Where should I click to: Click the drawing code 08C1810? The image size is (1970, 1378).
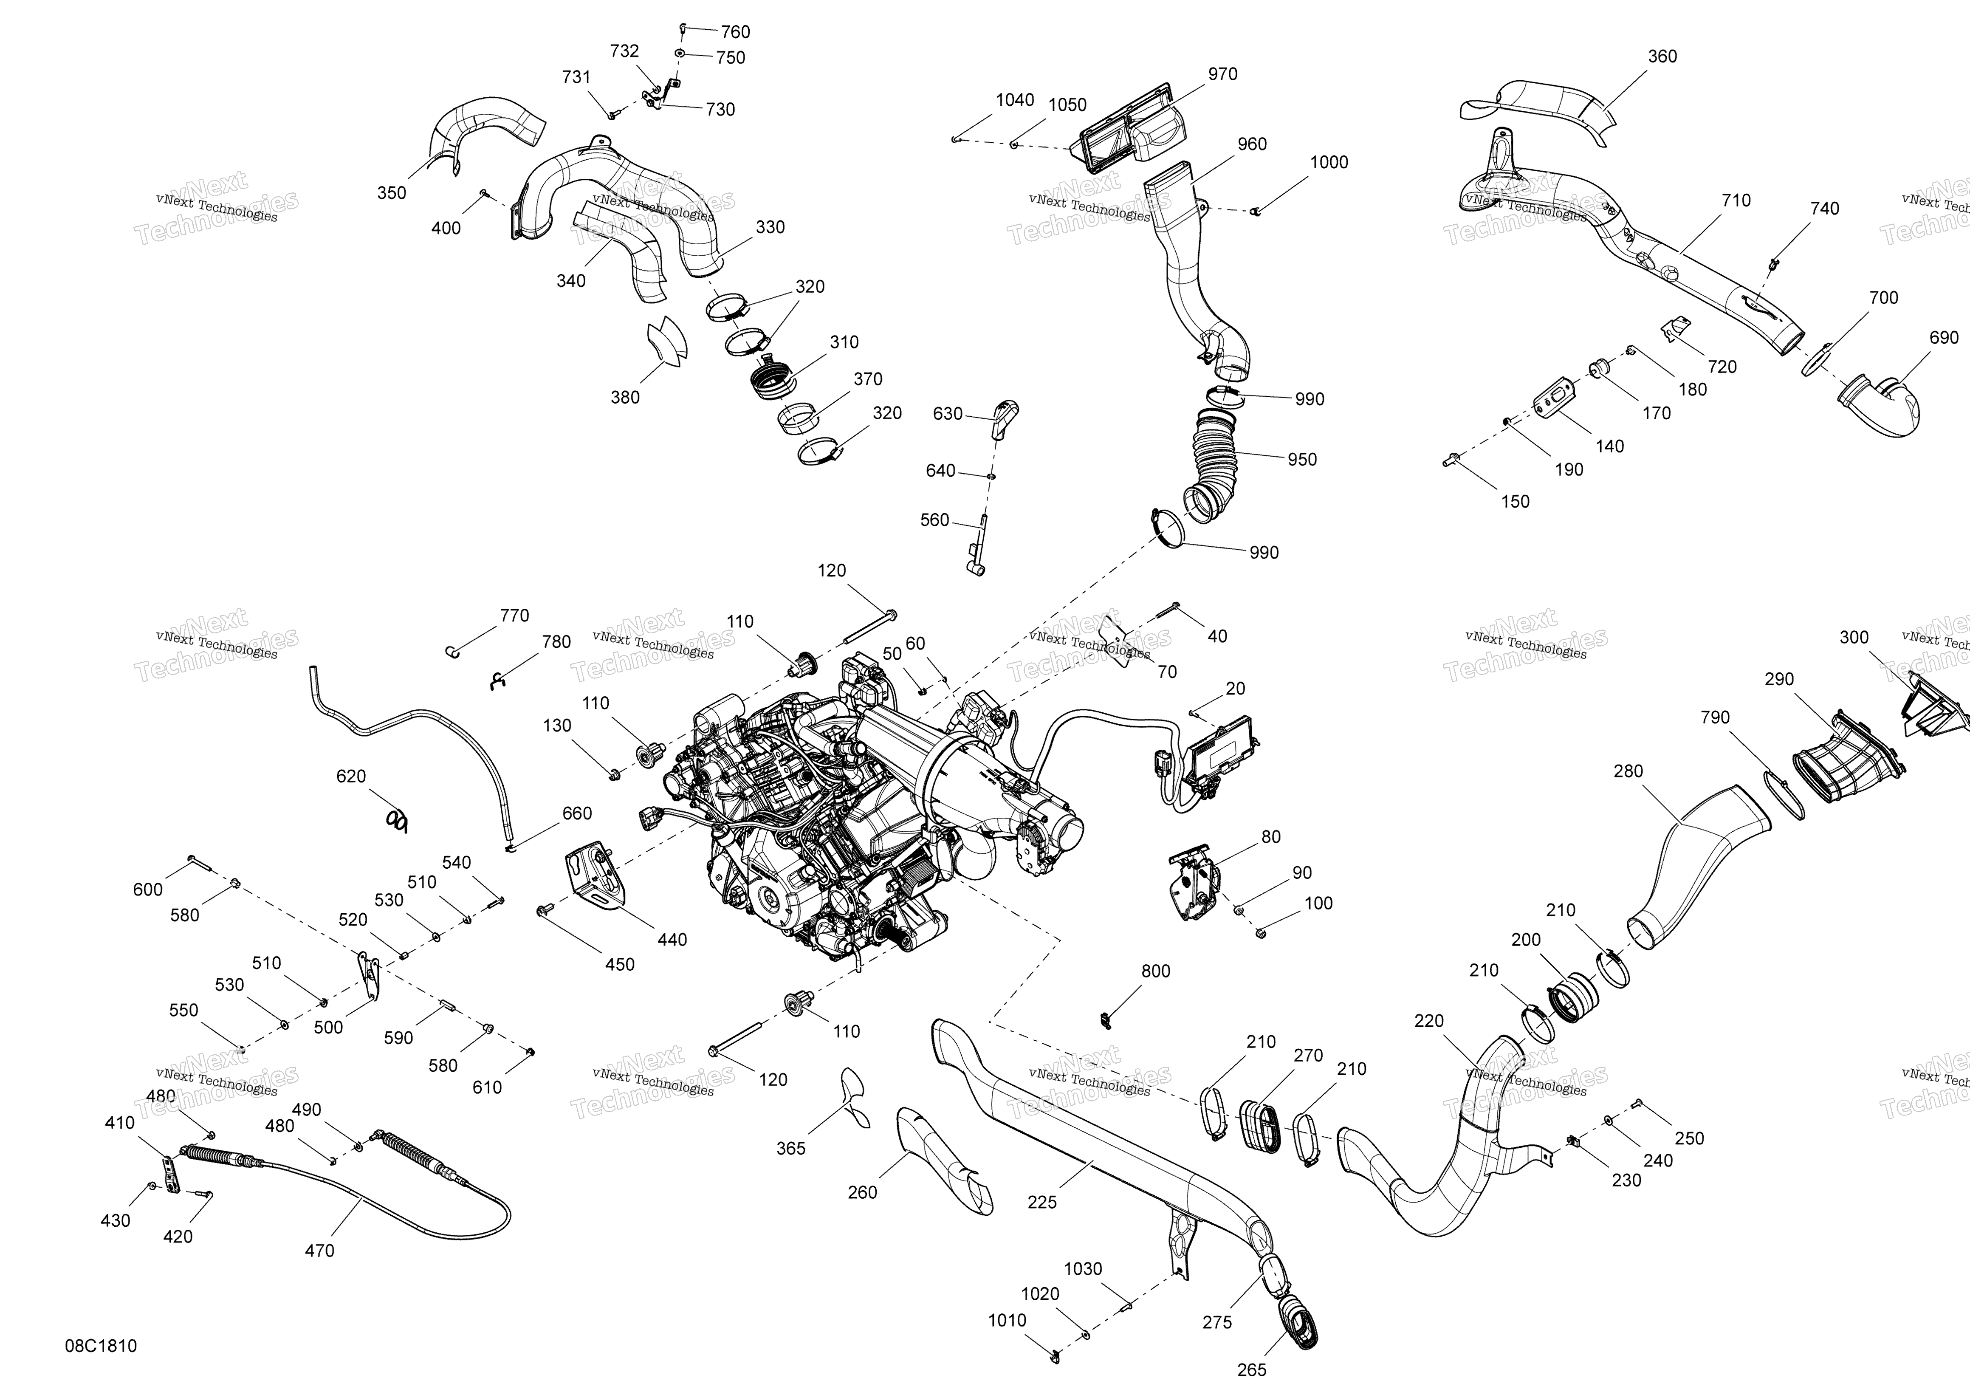pos(100,1346)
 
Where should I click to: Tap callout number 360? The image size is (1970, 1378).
pos(1662,56)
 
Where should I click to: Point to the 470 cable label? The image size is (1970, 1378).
pos(319,1251)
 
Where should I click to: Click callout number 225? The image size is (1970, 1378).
pos(1042,1203)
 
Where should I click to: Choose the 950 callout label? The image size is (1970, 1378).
pos(1301,460)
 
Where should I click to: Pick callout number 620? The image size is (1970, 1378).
pos(351,777)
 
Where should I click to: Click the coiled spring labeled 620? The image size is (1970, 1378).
pos(395,821)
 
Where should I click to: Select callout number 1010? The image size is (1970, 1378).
pos(1007,1321)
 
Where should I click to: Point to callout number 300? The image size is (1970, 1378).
pos(1854,638)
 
